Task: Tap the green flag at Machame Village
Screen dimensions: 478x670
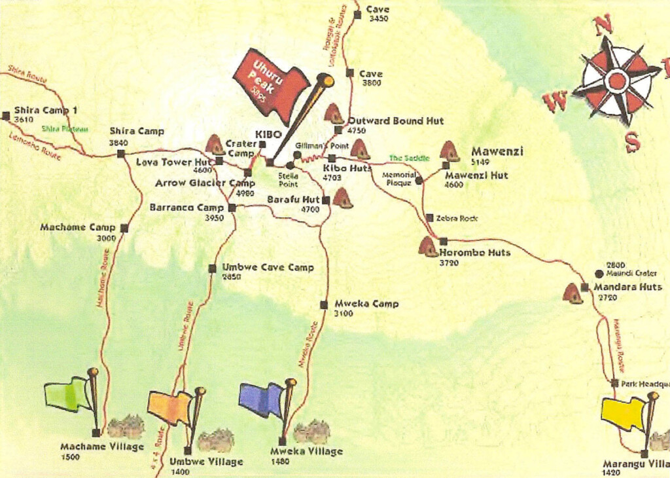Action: click(67, 394)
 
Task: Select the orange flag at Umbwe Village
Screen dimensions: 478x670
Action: click(169, 407)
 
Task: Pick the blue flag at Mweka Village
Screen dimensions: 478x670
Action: click(261, 399)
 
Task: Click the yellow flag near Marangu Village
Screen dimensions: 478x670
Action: click(623, 414)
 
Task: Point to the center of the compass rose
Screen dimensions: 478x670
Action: click(616, 81)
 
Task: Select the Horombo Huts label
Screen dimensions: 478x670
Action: click(474, 252)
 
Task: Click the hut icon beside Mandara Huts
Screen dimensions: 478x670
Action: click(573, 294)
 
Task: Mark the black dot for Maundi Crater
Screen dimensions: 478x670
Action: click(598, 274)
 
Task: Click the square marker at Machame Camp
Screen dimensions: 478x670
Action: click(124, 229)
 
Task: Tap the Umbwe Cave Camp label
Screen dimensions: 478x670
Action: click(268, 267)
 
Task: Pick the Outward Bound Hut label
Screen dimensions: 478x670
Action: click(395, 120)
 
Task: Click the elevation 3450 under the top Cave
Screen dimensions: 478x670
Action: click(379, 19)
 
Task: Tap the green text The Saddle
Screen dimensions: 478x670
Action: click(410, 158)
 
